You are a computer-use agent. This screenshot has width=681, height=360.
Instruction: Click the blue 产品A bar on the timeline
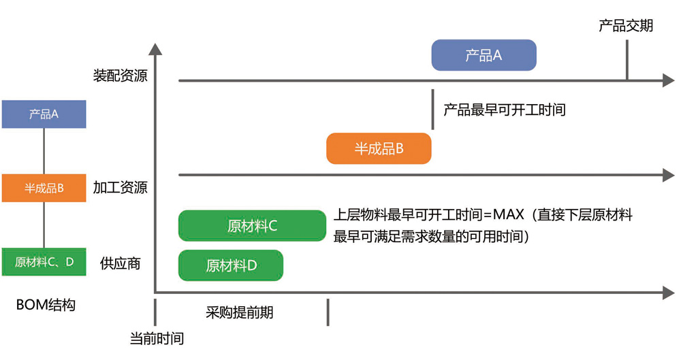click(484, 55)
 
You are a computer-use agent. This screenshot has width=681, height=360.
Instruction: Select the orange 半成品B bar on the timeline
click(379, 148)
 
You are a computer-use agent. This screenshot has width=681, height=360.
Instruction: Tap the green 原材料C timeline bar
click(252, 226)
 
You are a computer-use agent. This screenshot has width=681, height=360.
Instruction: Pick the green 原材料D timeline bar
click(231, 265)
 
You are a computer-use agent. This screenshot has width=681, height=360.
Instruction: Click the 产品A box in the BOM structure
click(44, 114)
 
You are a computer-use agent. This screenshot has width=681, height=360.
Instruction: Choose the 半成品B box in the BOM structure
click(44, 188)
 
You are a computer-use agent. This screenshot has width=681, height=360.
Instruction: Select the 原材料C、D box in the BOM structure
click(44, 261)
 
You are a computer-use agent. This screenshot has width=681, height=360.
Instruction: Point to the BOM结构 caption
click(46, 305)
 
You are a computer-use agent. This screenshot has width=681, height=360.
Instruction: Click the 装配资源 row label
click(121, 76)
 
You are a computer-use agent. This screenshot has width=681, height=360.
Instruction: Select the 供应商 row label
click(121, 263)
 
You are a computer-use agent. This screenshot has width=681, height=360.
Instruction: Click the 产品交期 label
click(626, 26)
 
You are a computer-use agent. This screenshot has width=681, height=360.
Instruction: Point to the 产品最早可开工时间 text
click(505, 110)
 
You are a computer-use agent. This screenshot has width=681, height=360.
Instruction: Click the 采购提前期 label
click(240, 312)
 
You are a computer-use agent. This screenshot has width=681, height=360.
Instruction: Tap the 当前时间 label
click(157, 338)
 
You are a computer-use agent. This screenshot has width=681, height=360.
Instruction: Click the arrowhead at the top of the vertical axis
click(155, 48)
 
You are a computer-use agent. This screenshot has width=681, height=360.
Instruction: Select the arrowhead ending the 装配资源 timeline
click(668, 81)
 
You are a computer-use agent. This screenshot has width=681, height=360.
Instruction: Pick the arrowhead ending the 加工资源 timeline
click(668, 175)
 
